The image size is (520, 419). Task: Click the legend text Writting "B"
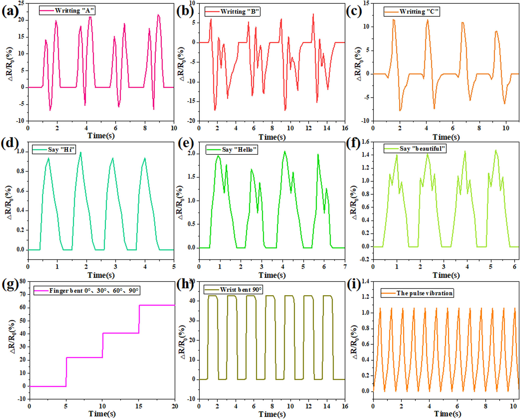point(239,12)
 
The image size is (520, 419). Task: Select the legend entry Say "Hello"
point(239,150)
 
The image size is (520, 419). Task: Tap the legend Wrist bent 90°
point(240,290)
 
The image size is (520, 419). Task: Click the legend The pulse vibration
point(424,293)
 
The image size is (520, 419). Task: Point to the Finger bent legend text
point(94,290)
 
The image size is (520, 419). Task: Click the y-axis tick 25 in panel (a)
point(21,3)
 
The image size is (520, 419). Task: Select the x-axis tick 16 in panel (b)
point(345,128)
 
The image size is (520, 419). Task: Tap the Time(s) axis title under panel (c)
point(446,137)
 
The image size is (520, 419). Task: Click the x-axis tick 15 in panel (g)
point(139,406)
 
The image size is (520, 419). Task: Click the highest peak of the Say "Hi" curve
point(81,152)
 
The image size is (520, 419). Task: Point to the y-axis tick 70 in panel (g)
point(23,294)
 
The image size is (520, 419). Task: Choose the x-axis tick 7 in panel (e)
point(345,267)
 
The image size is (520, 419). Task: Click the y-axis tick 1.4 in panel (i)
point(365,281)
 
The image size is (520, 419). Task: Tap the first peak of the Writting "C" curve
point(394,19)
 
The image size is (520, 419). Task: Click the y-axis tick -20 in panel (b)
point(191,121)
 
